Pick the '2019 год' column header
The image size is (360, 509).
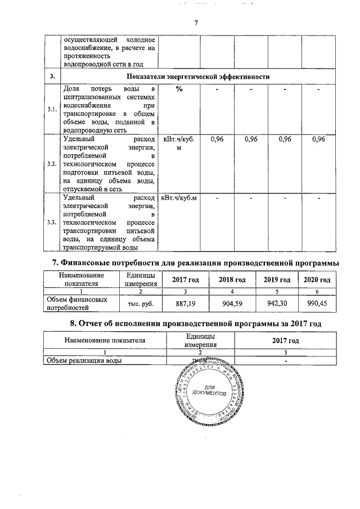[276, 280]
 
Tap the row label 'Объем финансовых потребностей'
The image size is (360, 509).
[76, 304]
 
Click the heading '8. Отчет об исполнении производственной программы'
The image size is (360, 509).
[195, 324]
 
